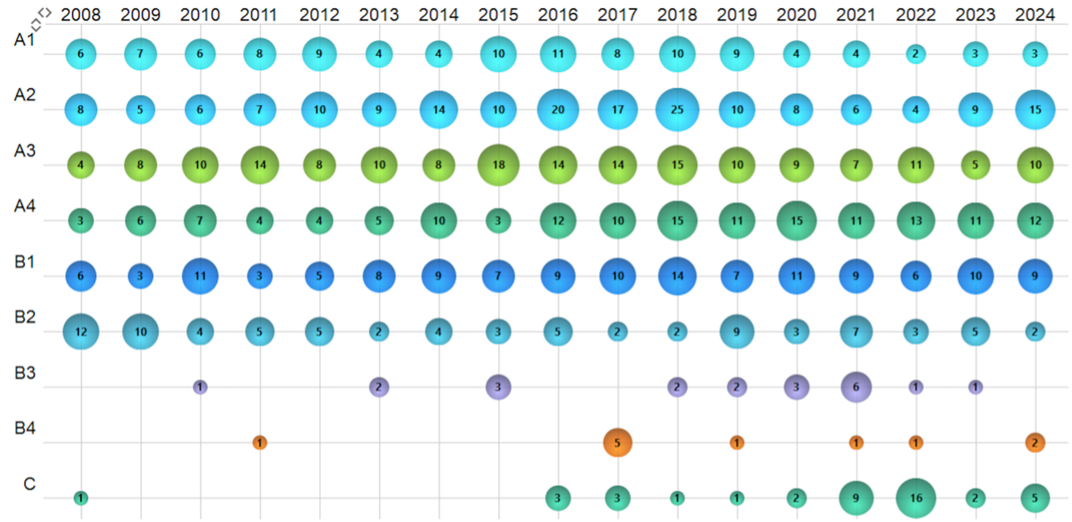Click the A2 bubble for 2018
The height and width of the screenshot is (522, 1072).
tap(677, 110)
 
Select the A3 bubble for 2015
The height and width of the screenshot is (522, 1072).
tap(498, 165)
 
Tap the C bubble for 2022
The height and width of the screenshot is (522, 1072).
tap(916, 497)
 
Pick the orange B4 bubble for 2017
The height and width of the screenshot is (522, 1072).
tap(617, 442)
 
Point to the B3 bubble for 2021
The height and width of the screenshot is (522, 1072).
tap(856, 387)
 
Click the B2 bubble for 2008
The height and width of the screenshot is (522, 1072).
tap(81, 331)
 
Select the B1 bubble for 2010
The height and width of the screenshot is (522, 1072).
tap(200, 276)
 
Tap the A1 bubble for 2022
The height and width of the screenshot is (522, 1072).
tap(916, 55)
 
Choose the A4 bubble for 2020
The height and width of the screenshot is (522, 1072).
tap(797, 220)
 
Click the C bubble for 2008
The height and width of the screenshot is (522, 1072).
tap(81, 497)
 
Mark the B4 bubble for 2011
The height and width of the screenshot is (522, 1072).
tap(260, 442)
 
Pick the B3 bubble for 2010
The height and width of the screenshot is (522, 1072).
tap(200, 387)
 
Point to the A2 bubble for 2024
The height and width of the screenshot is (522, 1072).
tap(1035, 110)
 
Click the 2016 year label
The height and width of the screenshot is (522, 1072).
tap(558, 14)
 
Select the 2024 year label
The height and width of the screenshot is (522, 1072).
tap(1035, 14)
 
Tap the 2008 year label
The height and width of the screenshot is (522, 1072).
tap(81, 14)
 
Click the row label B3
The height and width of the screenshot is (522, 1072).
tap(25, 373)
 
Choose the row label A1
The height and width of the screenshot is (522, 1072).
tap(25, 40)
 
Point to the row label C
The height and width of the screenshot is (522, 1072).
tap(30, 483)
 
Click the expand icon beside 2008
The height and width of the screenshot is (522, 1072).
tap(42, 14)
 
